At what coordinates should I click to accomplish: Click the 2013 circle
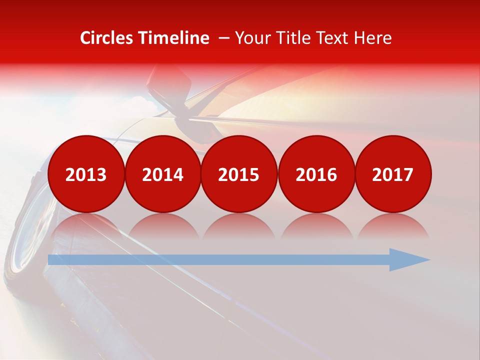[86, 174]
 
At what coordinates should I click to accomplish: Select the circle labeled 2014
[162, 174]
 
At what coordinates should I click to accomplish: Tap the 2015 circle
[239, 174]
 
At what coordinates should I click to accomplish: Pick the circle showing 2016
[316, 174]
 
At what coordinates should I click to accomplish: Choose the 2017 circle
[392, 174]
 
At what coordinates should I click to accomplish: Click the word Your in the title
[250, 38]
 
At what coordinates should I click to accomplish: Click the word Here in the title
[373, 38]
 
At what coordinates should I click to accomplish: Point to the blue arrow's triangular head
[407, 259]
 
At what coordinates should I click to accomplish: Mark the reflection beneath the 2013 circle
[86, 225]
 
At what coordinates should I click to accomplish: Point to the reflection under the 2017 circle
[392, 225]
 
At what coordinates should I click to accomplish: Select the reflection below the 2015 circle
[239, 225]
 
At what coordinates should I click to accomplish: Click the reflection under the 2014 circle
[162, 225]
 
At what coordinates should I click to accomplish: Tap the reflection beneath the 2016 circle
[316, 225]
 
